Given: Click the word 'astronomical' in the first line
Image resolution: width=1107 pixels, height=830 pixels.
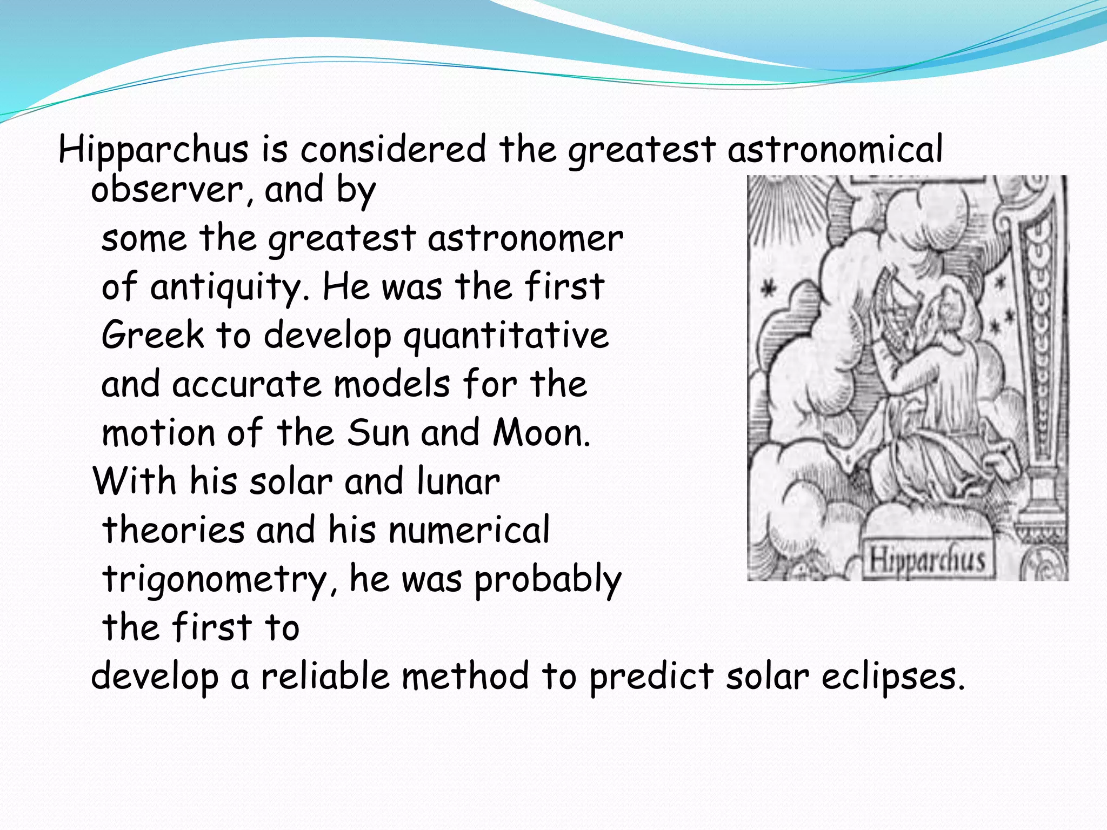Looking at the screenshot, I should (835, 150).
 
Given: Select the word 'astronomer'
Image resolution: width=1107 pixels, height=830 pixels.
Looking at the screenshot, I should (525, 239).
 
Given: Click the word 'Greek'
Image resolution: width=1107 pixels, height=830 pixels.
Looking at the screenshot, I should (153, 336).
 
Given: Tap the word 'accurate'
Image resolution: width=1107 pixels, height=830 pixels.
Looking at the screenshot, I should (246, 385).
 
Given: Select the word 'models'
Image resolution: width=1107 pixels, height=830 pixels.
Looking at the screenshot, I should (392, 385).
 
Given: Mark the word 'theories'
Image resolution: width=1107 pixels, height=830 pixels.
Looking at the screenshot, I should (174, 530).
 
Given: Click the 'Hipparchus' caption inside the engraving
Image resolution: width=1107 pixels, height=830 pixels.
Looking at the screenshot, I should (926, 559).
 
